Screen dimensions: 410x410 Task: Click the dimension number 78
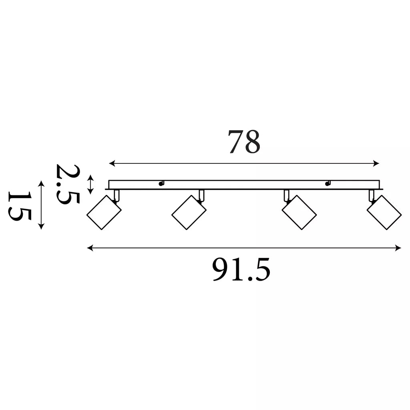click(244, 141)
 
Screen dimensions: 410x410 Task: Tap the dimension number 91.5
click(241, 269)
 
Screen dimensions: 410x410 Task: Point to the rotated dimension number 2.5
click(67, 184)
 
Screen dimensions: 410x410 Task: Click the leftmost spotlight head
click(104, 212)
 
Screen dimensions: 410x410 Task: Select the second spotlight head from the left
click(189, 212)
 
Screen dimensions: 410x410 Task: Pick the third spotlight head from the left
click(299, 212)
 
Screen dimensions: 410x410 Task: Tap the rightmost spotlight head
click(384, 212)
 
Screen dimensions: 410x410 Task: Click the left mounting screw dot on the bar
click(161, 184)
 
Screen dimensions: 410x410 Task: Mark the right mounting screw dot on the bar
click(327, 184)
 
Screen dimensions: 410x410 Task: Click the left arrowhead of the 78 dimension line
click(112, 164)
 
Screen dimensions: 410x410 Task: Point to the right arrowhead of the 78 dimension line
click(376, 164)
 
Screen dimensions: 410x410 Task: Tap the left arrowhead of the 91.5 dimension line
click(90, 248)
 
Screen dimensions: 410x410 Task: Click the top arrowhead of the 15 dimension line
click(41, 183)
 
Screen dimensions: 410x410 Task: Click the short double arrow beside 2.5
click(90, 185)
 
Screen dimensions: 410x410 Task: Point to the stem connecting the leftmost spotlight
click(117, 195)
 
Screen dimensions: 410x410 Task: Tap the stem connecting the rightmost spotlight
click(372, 195)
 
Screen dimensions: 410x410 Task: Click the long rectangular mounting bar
click(244, 185)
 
